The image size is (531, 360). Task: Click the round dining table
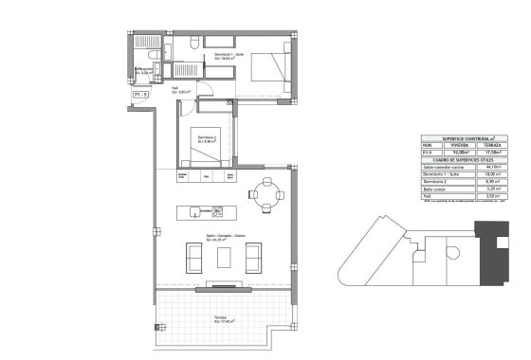(x=265, y=194)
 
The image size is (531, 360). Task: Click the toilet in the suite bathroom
(x=192, y=44)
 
